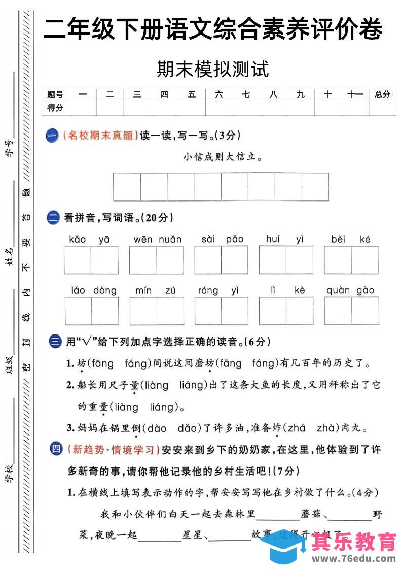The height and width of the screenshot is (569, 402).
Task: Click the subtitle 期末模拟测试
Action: click(212, 69)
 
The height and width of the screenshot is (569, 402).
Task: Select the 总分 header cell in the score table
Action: click(382, 94)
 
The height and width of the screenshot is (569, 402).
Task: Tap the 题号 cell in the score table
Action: click(55, 94)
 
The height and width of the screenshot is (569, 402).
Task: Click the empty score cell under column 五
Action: click(192, 108)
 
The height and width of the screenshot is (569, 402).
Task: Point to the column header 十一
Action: click(355, 94)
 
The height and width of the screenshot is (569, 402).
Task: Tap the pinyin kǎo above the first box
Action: click(77, 239)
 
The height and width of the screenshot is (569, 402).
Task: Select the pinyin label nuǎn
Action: click(170, 239)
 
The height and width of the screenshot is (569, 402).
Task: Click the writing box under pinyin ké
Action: click(365, 260)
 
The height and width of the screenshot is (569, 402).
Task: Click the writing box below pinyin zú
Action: click(170, 311)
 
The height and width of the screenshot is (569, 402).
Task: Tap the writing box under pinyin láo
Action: click(78, 311)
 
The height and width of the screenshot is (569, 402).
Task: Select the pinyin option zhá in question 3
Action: click(296, 428)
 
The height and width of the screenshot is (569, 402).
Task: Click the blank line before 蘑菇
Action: click(278, 515)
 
